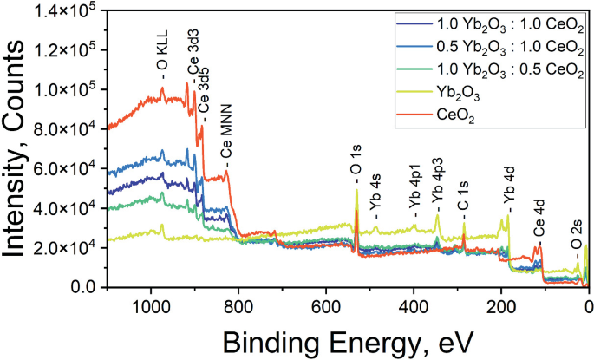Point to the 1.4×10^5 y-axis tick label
(73, 10)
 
